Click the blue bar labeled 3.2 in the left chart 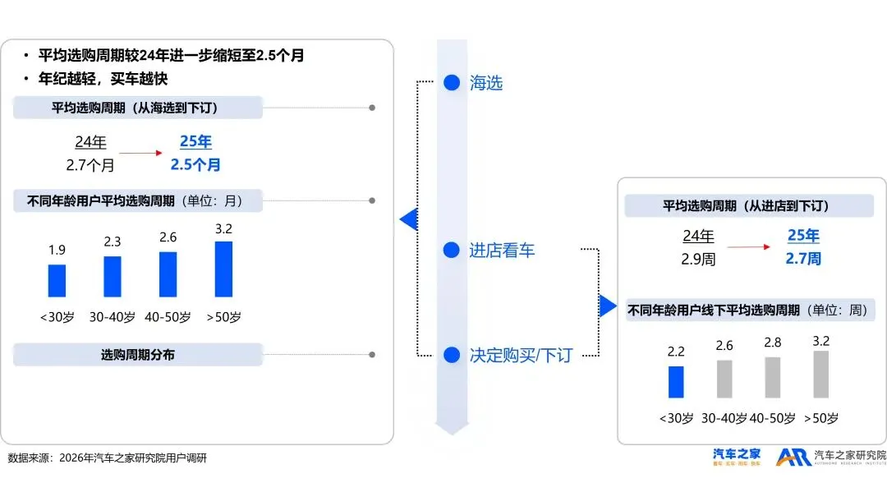[223, 269]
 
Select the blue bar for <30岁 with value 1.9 [57, 280]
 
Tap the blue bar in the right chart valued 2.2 [676, 382]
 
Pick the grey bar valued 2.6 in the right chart [724, 379]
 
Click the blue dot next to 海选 [451, 82]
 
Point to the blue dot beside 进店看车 [451, 251]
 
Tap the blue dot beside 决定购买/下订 [451, 355]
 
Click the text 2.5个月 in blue [195, 164]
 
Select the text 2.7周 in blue [803, 259]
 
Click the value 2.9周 [698, 259]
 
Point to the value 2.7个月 [90, 165]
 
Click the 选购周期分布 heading [138, 355]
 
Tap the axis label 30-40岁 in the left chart [113, 317]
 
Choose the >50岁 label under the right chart [821, 418]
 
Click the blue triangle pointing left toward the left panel [408, 219]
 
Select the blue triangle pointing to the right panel [608, 306]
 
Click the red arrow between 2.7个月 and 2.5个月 [141, 153]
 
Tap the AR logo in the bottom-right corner [793, 458]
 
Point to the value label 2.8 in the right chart [773, 343]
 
